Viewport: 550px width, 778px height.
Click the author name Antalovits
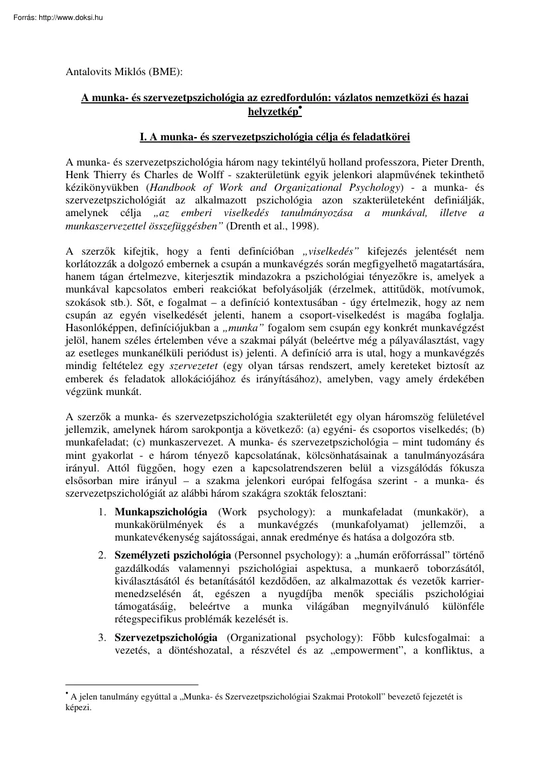coord(90,68)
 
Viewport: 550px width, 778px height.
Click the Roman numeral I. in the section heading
coord(142,137)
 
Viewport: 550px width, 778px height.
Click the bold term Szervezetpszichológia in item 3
coord(166,637)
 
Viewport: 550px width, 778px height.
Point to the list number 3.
coord(102,637)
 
